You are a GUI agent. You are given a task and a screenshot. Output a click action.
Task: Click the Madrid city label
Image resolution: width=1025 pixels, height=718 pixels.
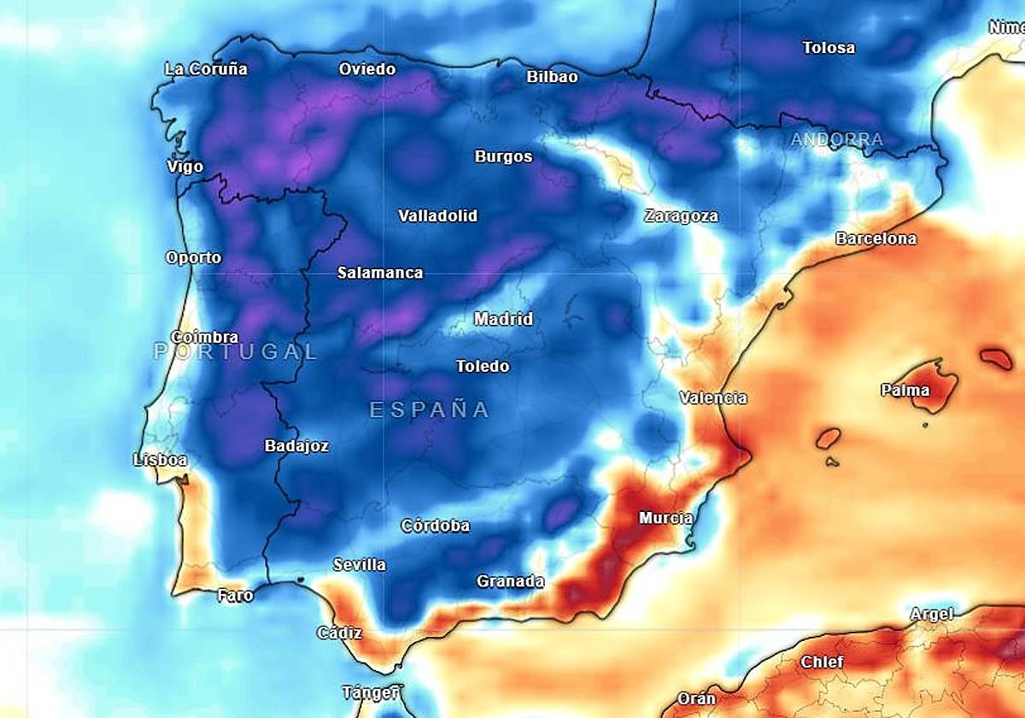pos(503,319)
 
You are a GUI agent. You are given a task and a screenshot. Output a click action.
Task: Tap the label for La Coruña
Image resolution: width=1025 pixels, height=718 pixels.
pos(206,69)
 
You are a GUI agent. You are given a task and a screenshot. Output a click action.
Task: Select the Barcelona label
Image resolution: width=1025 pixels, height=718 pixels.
pos(876,238)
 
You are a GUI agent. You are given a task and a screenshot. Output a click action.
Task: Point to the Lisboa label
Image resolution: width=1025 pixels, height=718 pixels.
pos(160,460)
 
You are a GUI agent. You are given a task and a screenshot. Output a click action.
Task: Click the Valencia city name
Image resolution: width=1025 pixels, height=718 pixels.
pos(713,397)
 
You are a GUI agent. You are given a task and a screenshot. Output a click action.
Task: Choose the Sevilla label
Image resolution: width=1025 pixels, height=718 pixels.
pos(359,565)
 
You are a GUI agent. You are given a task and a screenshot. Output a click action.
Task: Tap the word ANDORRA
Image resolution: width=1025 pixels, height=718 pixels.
pos(837,139)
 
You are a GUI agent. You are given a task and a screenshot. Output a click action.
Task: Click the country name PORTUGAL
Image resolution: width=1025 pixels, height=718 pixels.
pos(236,351)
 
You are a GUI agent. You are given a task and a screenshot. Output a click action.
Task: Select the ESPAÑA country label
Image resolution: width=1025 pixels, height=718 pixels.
pos(429,410)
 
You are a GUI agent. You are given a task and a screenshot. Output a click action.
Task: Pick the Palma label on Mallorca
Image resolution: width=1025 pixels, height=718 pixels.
pos(905,391)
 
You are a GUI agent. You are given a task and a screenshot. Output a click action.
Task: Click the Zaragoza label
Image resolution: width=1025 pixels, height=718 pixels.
pos(681,216)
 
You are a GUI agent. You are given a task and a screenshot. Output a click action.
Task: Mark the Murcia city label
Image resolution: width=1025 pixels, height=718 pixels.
pos(666,518)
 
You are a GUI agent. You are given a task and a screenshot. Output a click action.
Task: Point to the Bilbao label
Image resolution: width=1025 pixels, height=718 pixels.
pos(552,77)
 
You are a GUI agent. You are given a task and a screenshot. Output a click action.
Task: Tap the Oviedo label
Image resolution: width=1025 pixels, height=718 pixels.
pos(367,69)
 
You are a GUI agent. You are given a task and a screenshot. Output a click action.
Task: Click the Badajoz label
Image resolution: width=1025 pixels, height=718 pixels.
pos(296,445)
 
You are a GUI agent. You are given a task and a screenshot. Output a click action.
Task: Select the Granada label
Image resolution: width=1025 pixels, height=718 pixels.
pos(510,581)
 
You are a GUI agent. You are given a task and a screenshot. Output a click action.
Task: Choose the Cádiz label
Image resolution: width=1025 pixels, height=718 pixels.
pos(339,633)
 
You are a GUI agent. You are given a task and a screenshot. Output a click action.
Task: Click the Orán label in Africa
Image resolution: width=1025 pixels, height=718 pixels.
pos(696,698)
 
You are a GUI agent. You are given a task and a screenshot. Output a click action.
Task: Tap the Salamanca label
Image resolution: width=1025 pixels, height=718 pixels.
pos(380,273)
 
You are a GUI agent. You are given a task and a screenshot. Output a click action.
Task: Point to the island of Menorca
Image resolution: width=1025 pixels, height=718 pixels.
pos(995,357)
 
